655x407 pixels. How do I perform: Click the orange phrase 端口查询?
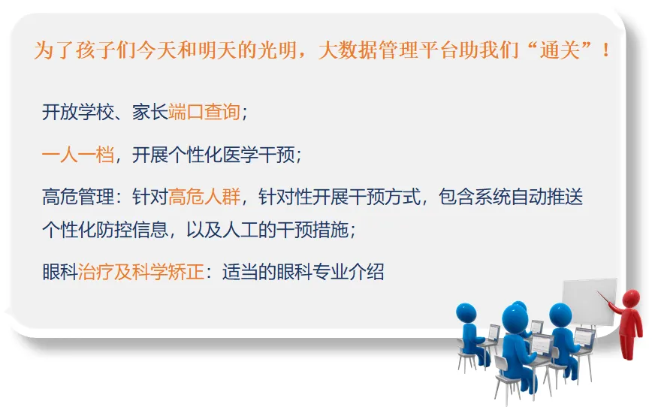[204, 112]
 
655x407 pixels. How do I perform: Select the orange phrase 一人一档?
[78, 155]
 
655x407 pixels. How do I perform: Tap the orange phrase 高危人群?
[204, 197]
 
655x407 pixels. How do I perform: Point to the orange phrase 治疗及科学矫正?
[141, 272]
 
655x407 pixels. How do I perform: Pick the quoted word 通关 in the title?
[560, 50]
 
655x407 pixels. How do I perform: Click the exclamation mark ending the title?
[605, 50]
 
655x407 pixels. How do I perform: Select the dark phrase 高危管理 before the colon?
[78, 197]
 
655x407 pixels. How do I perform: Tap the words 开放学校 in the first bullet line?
[78, 112]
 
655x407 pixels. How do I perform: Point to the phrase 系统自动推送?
[529, 197]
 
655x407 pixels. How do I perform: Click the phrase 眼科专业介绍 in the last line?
[330, 272]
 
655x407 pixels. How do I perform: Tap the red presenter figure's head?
[631, 298]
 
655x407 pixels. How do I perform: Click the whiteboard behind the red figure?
[589, 302]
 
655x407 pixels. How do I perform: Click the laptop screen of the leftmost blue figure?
[494, 332]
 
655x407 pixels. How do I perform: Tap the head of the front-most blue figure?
[515, 319]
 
